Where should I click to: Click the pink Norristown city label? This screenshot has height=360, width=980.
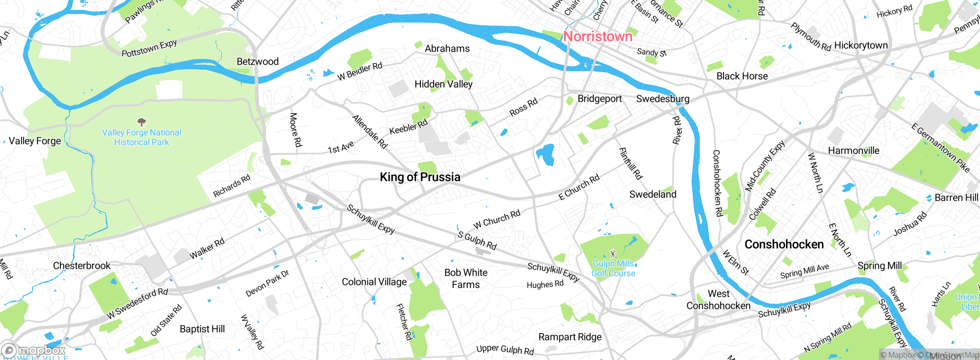[x=598, y=36]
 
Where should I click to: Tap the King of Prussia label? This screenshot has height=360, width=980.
[x=420, y=177]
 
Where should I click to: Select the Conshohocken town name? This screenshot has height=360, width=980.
[x=784, y=244]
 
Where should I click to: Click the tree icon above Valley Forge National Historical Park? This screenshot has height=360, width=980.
[x=142, y=122]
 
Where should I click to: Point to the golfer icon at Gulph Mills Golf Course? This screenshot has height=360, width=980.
[x=613, y=254]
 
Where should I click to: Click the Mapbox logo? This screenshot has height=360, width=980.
[x=34, y=350]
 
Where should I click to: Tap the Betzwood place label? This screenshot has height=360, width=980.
[x=258, y=61]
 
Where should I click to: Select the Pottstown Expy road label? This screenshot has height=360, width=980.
[x=149, y=48]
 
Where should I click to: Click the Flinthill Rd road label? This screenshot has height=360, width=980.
[x=630, y=164]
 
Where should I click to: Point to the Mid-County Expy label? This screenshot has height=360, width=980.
[x=765, y=165]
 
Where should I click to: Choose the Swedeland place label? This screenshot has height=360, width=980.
[x=653, y=194]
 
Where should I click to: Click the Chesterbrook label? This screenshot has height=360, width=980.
[x=82, y=265]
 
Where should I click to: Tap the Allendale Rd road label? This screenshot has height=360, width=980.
[x=370, y=131]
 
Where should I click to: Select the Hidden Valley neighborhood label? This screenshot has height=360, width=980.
[x=443, y=84]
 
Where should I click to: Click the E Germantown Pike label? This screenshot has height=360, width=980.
[x=940, y=148]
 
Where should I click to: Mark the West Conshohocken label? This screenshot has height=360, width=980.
[x=718, y=299]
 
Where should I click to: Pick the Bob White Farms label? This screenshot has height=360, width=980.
[x=465, y=278]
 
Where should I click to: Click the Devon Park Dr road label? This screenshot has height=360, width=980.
[x=267, y=283]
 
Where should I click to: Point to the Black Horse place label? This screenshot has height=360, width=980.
[x=742, y=76]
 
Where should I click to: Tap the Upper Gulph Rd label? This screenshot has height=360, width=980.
[x=505, y=349]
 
